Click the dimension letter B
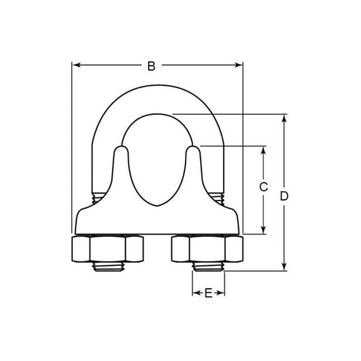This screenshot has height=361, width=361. coord(151,66)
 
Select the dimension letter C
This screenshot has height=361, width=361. coord(264,187)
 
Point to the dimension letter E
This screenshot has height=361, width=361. coord(209,294)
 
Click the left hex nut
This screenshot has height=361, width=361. coord(108,251)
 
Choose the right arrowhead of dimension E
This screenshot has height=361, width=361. coord(222,294)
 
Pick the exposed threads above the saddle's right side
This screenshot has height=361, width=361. coord(219,196)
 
